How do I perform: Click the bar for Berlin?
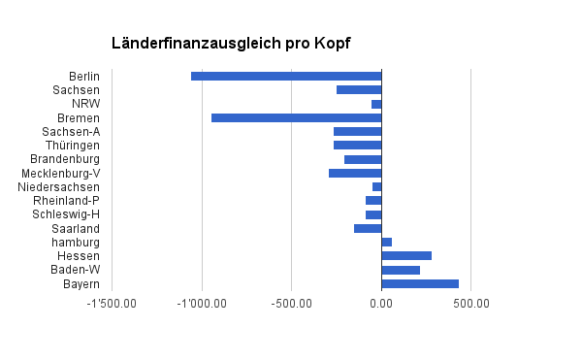click(286, 76)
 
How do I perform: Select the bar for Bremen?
click(296, 117)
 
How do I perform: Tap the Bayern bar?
click(420, 283)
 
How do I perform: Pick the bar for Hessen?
click(406, 255)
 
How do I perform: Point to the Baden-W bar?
click(401, 270)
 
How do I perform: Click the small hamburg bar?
click(386, 242)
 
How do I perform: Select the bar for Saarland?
click(368, 228)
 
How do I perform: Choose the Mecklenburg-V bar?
click(355, 173)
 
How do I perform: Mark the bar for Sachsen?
click(359, 89)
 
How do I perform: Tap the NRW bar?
click(376, 104)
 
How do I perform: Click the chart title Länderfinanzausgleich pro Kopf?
click(231, 44)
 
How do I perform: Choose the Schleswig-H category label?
click(66, 214)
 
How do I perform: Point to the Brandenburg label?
click(65, 159)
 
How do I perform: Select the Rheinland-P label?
click(67, 201)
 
